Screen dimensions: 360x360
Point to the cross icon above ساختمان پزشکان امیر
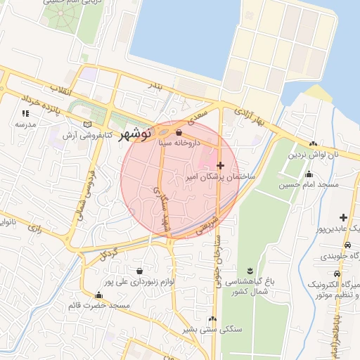pyautogui.click(x=221, y=165)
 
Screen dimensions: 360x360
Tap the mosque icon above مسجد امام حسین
pyautogui.click(x=309, y=174)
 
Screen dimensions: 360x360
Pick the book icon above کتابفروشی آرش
pyautogui.click(x=87, y=124)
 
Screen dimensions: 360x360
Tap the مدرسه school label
pyautogui.click(x=25, y=124)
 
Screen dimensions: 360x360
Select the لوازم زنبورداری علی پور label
pyautogui.click(x=139, y=282)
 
